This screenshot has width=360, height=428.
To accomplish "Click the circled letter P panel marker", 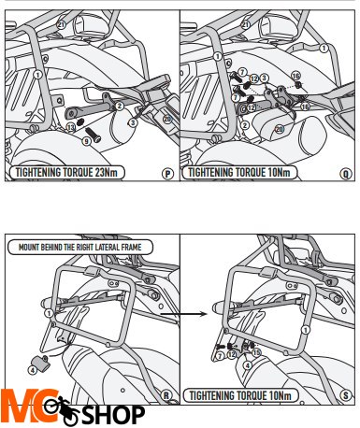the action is (x=168, y=174).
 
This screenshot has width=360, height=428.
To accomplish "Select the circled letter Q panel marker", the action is (x=346, y=174).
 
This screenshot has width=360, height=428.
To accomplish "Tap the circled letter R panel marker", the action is (x=166, y=395).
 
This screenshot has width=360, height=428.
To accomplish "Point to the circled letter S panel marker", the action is (x=345, y=395).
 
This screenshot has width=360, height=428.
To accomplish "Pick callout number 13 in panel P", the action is (x=71, y=127).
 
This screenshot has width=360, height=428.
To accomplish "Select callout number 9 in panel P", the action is (x=87, y=141).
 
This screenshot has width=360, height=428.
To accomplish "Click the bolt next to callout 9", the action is (x=94, y=135).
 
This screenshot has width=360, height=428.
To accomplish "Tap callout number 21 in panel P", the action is (x=61, y=24).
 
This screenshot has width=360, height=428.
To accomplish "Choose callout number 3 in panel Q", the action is (x=264, y=78).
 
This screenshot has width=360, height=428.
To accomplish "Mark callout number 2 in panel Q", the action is (x=245, y=125).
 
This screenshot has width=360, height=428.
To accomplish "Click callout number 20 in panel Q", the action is (x=279, y=129).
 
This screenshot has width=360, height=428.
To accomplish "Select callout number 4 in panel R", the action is (x=33, y=370).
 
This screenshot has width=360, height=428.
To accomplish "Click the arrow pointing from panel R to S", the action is (x=184, y=314).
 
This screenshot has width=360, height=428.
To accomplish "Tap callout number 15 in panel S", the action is (x=256, y=352).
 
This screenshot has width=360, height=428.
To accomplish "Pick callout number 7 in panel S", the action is (x=220, y=355).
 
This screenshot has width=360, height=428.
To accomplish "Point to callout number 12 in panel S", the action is (x=232, y=354).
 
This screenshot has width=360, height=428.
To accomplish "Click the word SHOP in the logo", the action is (x=113, y=415).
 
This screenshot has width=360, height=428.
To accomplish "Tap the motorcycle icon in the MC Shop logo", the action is (x=63, y=409).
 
